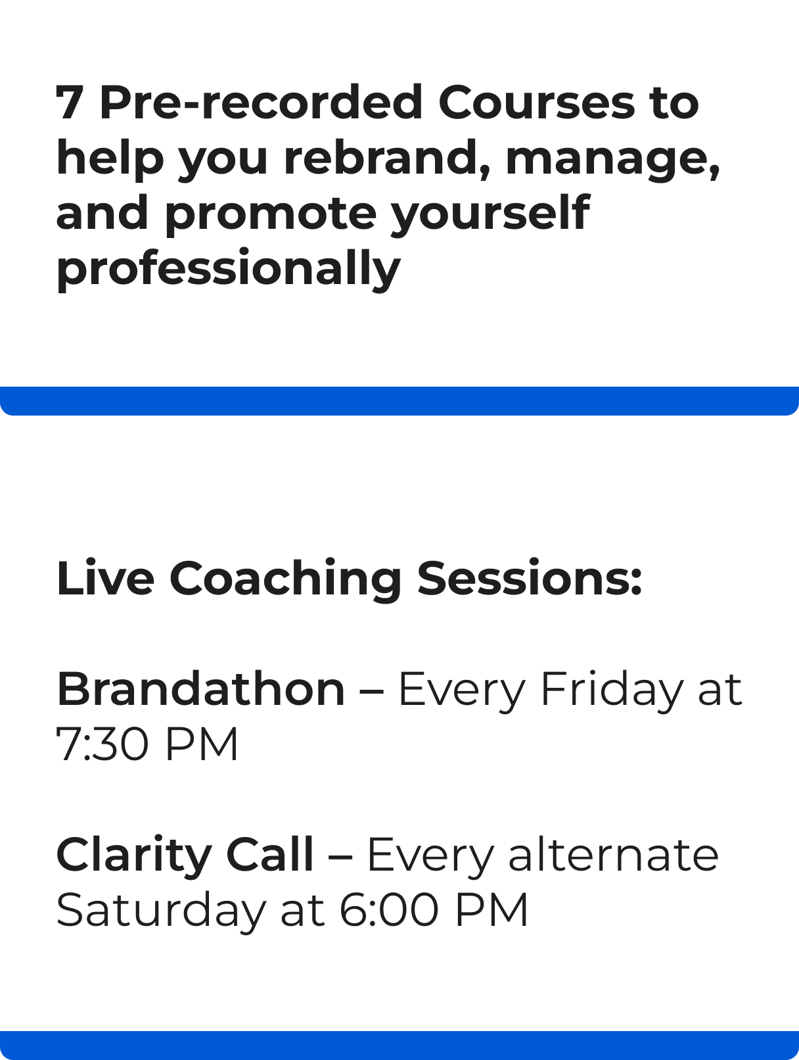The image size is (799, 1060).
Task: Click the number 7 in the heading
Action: tap(68, 103)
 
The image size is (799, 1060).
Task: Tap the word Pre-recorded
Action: tap(261, 102)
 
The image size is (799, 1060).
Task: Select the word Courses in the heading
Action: tap(537, 102)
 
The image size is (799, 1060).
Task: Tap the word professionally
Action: tap(229, 269)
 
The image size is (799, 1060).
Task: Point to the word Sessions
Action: tap(530, 578)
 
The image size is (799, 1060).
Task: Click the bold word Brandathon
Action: tap(200, 689)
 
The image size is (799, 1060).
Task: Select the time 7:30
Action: tap(103, 744)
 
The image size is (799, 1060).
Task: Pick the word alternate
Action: tap(614, 854)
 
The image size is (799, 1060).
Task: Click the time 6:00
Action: tap(389, 910)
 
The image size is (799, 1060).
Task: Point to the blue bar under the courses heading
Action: tap(399, 401)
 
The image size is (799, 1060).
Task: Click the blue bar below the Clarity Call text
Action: tap(399, 1046)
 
